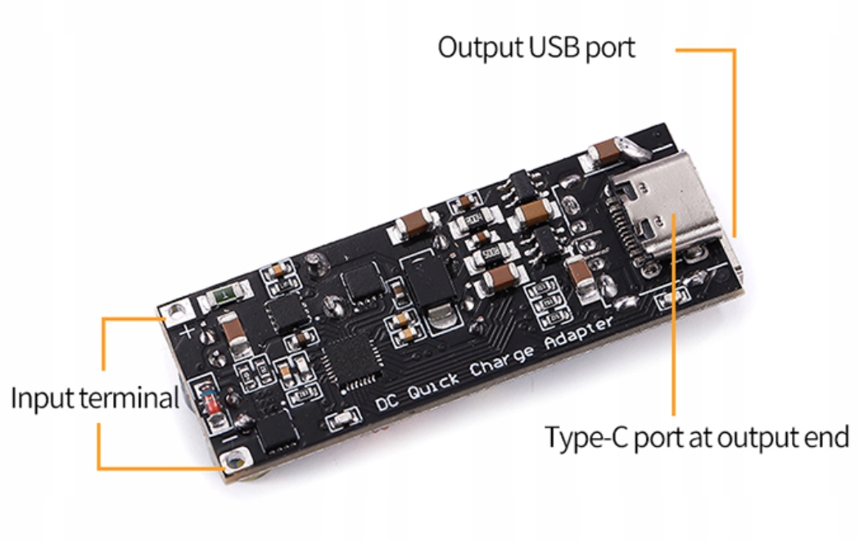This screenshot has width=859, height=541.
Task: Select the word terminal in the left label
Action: click(128, 399)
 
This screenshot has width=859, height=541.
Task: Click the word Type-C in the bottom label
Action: click(588, 437)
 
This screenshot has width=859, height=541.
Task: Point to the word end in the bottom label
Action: click(825, 437)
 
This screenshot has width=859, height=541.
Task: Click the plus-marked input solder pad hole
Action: click(175, 311)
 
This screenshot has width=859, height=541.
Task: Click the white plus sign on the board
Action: click(188, 332)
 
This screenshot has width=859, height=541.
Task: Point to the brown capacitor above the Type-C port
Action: click(608, 151)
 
